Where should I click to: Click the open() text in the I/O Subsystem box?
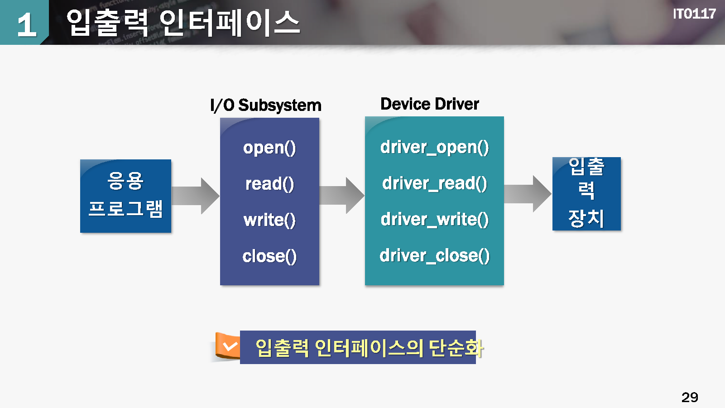click(x=269, y=148)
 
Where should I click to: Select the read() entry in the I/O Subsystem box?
click(x=269, y=184)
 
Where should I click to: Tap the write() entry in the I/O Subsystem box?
click(x=269, y=220)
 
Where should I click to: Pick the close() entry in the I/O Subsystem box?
click(x=269, y=256)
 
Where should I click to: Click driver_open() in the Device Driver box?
click(x=434, y=147)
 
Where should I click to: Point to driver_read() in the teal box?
click(x=434, y=183)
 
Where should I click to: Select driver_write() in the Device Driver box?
click(x=434, y=220)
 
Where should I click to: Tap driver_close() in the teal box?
click(x=434, y=256)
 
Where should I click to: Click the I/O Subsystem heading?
click(x=266, y=105)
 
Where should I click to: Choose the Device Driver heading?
click(x=429, y=104)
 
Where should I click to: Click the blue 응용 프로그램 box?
click(x=125, y=196)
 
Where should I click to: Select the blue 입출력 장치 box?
click(x=586, y=194)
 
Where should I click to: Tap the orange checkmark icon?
click(x=228, y=346)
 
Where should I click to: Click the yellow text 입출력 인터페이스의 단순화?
click(x=369, y=348)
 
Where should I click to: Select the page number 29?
click(x=690, y=397)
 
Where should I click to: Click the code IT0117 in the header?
click(x=694, y=14)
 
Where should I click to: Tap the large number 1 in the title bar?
click(x=26, y=24)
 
